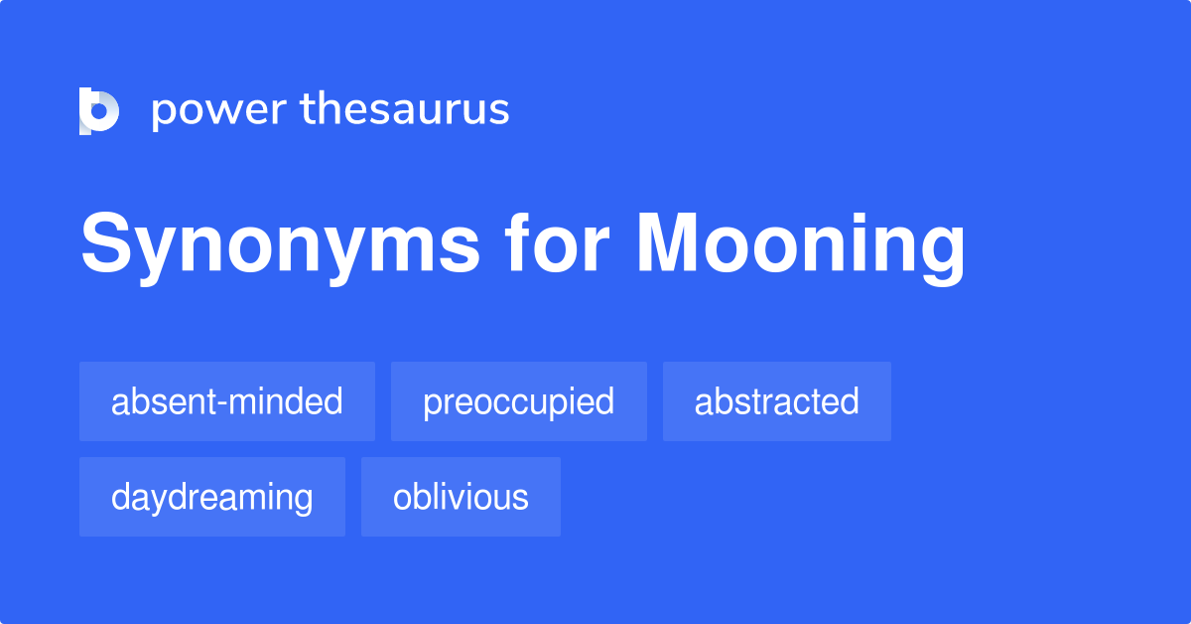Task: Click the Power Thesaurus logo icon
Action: [99, 110]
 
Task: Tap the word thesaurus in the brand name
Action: [405, 109]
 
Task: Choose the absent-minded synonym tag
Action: [227, 401]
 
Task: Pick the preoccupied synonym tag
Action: [519, 401]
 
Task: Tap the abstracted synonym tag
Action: [776, 401]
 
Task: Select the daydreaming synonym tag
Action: [212, 497]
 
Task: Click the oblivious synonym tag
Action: [461, 497]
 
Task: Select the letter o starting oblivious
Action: [402, 498]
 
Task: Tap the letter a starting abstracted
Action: [703, 402]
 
